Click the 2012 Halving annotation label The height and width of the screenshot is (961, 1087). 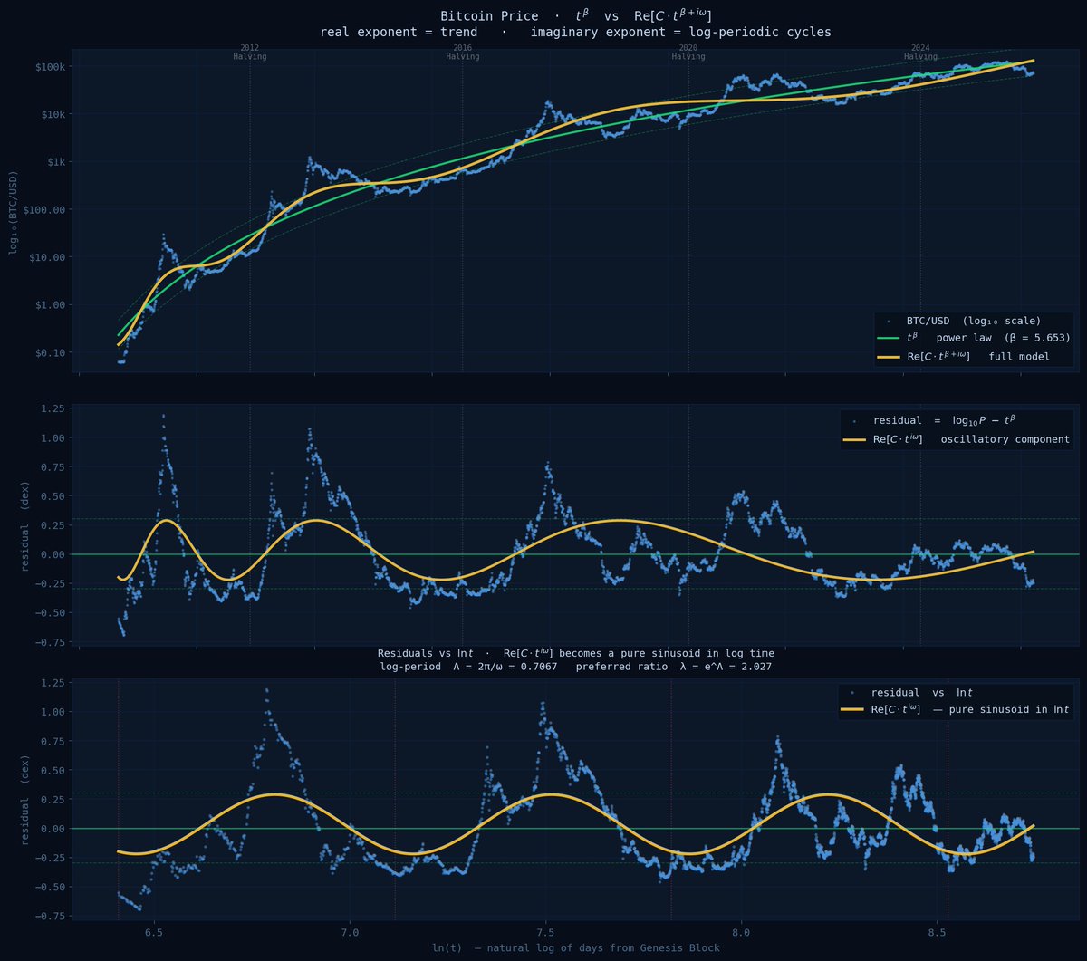coord(249,52)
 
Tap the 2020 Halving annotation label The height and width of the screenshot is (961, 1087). coord(688,52)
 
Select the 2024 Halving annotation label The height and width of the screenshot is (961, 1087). coord(920,52)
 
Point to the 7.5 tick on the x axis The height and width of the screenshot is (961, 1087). coord(546,931)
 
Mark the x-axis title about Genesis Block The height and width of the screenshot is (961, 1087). coord(576,948)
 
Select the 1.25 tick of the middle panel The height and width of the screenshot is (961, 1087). coord(52,408)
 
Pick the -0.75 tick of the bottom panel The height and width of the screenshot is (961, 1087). coord(49,915)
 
